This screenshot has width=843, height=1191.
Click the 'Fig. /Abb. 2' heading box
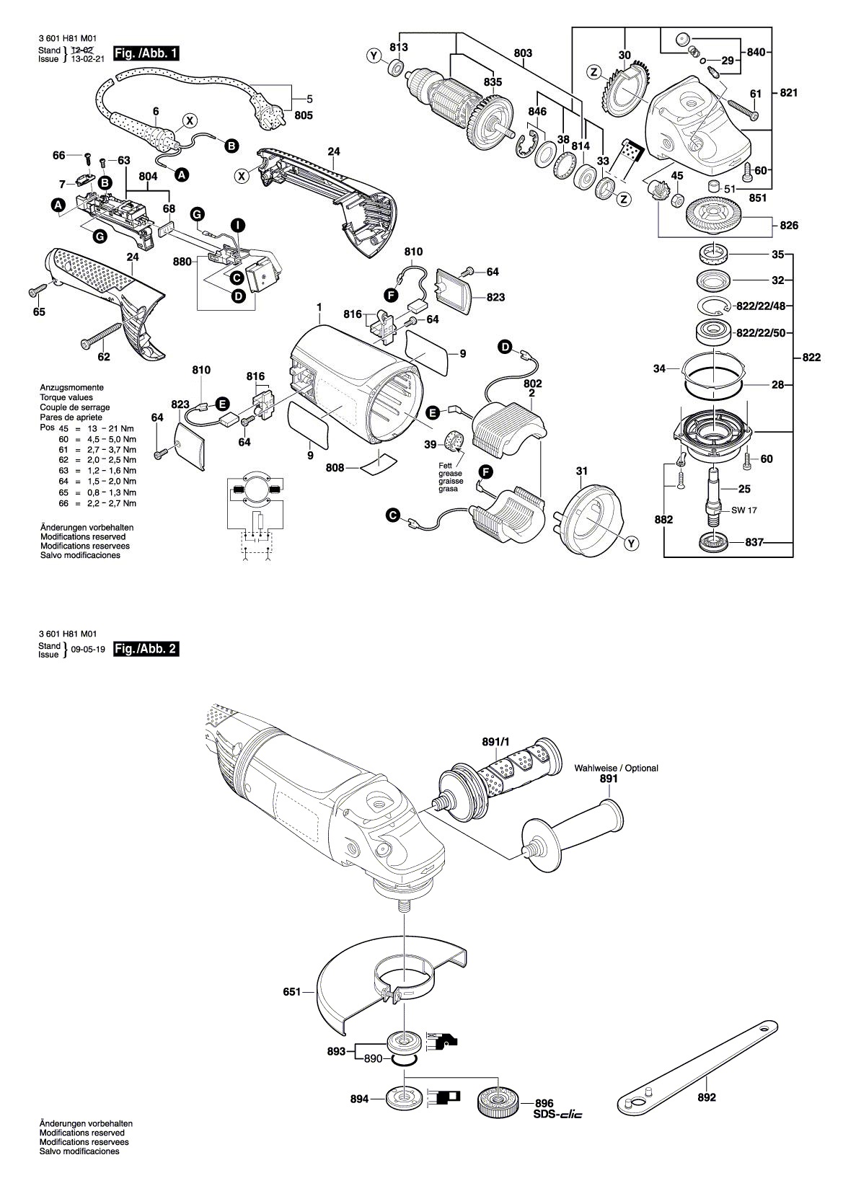coord(146,648)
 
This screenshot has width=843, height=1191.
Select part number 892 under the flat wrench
coord(707,1097)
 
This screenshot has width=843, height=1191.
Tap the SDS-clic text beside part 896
coord(558,1114)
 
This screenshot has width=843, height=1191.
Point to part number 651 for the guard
coord(291,992)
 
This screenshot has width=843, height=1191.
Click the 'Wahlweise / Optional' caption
coord(616,768)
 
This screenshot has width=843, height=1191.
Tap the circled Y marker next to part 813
coord(374,56)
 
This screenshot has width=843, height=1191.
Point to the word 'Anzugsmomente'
coord(71,387)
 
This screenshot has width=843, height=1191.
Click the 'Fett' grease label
coord(445,465)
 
